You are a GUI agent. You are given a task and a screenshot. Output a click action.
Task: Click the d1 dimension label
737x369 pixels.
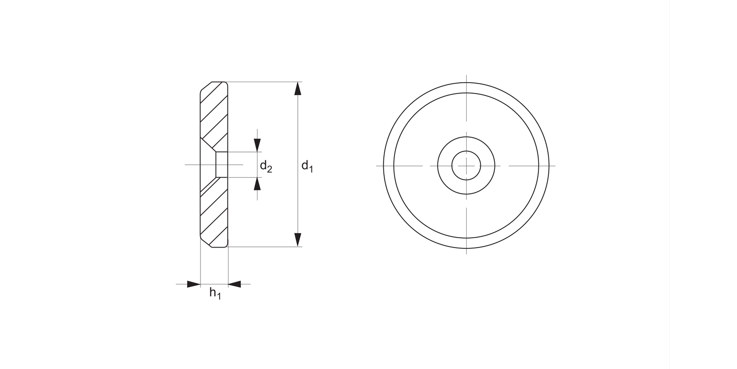[x=307, y=166]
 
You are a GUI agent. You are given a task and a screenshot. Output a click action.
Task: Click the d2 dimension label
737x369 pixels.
[x=266, y=166]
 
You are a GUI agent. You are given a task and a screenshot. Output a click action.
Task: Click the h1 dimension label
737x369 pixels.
[x=215, y=293]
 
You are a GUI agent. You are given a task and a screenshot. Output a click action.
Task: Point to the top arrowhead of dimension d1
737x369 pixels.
[x=297, y=88]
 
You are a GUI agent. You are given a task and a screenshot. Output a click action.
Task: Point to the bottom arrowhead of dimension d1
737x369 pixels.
[x=297, y=240]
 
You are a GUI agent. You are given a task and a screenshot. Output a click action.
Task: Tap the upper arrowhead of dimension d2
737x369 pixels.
[x=257, y=145]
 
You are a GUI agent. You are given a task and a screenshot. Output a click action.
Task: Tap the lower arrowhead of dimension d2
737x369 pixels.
[x=257, y=184]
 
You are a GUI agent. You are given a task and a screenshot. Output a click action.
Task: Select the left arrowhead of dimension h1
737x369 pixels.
[x=194, y=284]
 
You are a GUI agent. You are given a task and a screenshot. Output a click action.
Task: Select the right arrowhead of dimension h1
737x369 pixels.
[x=235, y=284]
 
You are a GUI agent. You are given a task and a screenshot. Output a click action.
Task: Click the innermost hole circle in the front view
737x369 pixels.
[x=466, y=165]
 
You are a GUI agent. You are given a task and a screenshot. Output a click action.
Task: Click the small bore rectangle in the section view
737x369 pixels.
[x=222, y=164]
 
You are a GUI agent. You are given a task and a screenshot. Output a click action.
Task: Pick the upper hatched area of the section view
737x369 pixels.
[x=215, y=113]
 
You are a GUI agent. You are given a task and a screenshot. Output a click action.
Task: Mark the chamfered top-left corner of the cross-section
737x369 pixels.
[x=205, y=87]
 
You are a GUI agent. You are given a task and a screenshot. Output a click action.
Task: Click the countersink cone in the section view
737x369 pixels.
[x=208, y=164]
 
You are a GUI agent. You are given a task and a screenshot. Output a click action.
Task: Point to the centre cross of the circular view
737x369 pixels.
[x=466, y=165]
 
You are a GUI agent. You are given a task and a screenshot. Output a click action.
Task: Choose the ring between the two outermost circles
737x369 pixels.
[x=466, y=87]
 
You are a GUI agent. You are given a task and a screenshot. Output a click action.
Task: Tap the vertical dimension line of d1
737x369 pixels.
[x=297, y=123]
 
